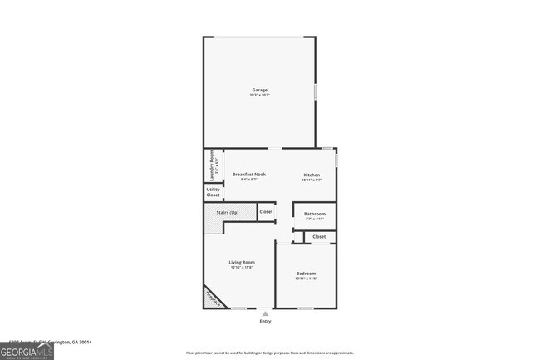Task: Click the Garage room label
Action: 260,90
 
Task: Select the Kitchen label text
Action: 311,175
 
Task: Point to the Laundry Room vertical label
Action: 213,165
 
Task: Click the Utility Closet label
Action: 213,193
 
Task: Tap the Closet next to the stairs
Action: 266,212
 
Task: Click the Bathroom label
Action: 314,214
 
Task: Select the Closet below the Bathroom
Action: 319,237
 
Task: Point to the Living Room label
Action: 242,263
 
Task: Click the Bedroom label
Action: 306,274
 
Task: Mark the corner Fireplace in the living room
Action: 214,298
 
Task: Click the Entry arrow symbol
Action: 265,313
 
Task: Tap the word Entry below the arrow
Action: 265,323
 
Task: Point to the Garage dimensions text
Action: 260,96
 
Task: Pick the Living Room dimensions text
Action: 242,268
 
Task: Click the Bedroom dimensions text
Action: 306,279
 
